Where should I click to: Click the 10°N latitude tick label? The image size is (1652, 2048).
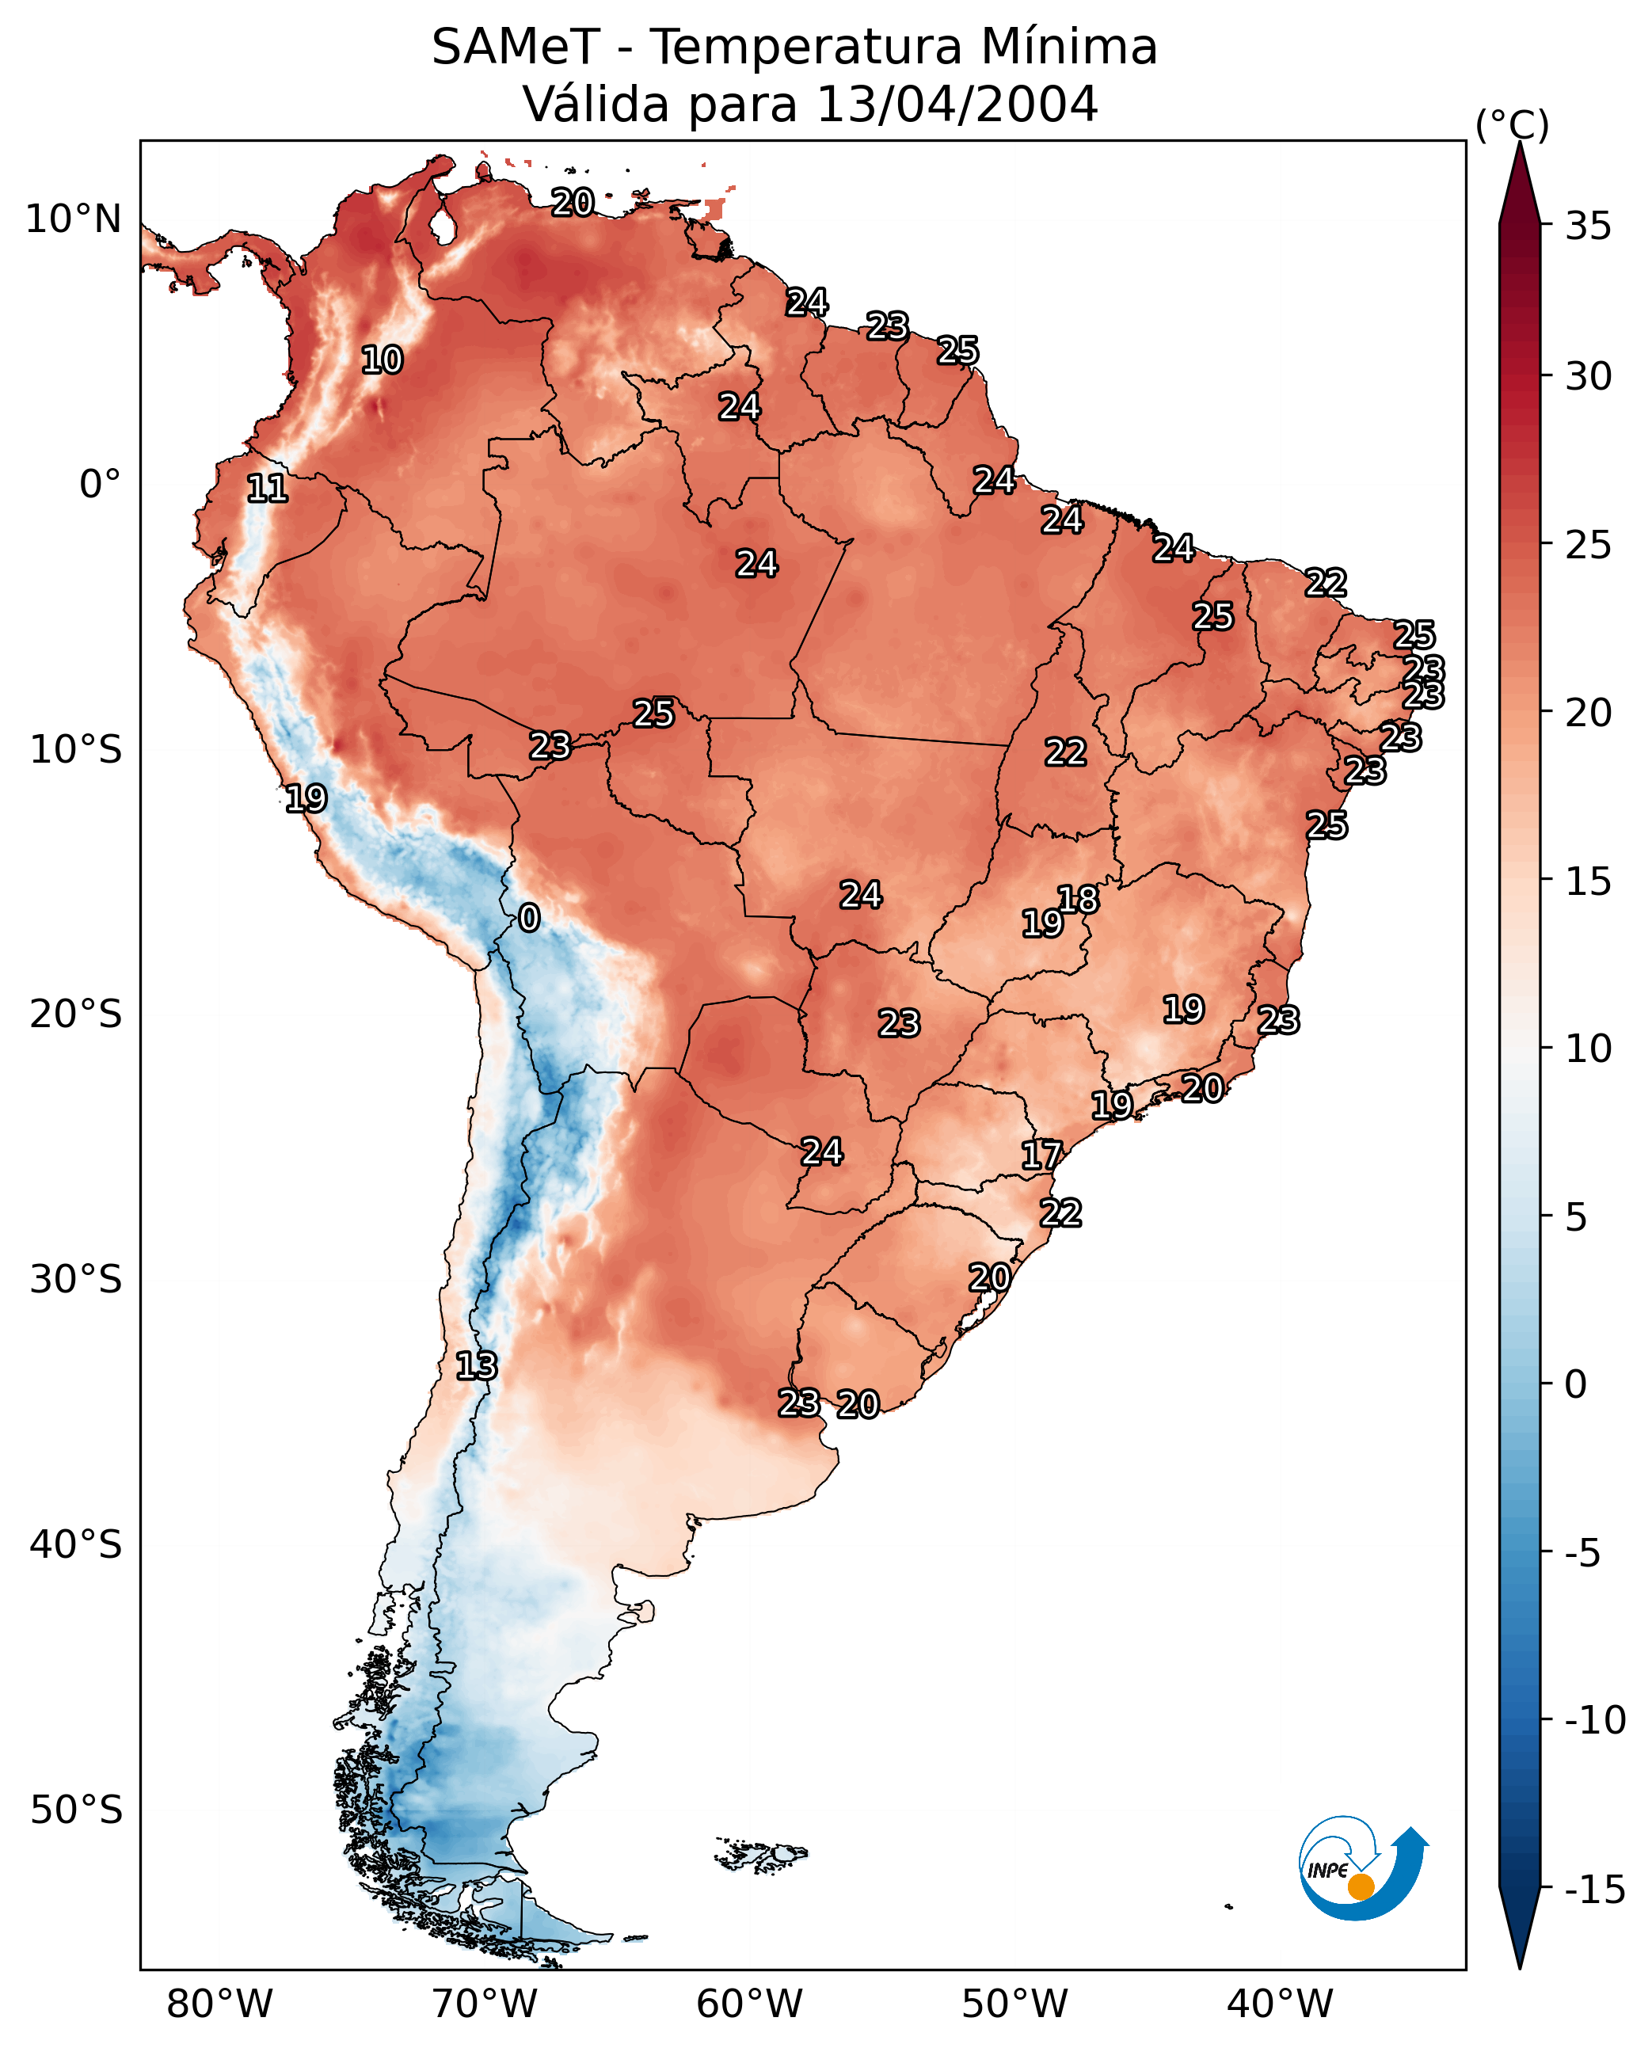point(74,220)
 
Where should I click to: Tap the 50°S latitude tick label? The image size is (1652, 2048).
point(76,1809)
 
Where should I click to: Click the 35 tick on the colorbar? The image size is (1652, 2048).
point(1588,226)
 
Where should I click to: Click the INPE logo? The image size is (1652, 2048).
point(1362,1867)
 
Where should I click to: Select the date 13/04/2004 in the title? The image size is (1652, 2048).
point(957,104)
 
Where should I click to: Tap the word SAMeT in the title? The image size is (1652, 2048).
point(515,47)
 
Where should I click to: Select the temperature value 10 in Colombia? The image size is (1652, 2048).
point(383,360)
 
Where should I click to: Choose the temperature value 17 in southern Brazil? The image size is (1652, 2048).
point(1041,1156)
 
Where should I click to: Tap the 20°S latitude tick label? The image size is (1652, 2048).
point(76,1014)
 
